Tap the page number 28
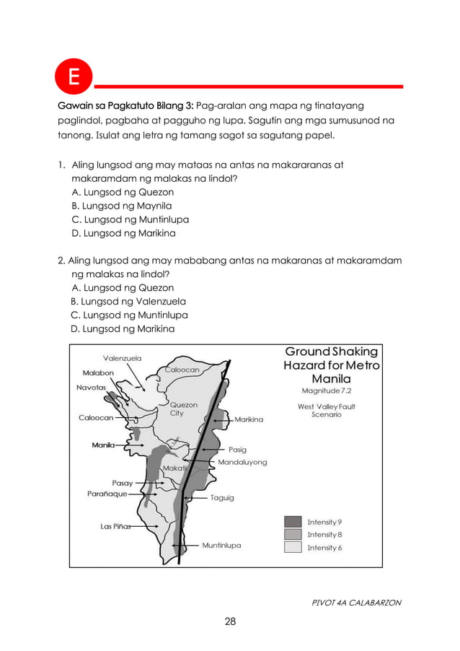(x=230, y=621)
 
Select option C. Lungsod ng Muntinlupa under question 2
(x=129, y=315)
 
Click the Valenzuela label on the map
(x=122, y=357)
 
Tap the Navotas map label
(x=92, y=387)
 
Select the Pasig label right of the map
(x=237, y=449)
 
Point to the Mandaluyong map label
(x=242, y=462)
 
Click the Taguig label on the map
(x=222, y=498)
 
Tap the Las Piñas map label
(x=115, y=526)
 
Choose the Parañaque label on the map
(x=107, y=494)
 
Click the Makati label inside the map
(x=174, y=468)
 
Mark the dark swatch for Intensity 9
(x=293, y=521)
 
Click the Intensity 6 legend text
(x=324, y=548)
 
